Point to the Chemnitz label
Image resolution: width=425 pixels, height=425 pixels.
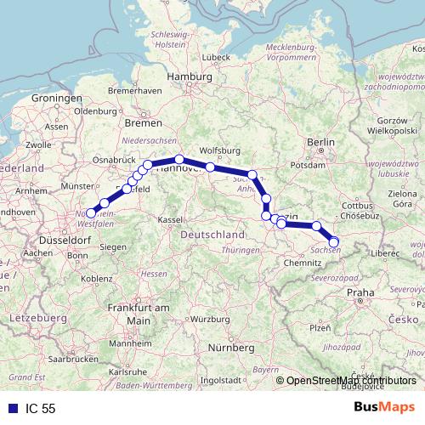[302, 263]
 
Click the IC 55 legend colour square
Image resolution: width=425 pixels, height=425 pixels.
[8, 408]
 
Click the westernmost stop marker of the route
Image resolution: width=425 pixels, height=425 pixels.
[91, 213]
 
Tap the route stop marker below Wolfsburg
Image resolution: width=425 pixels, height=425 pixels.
[210, 167]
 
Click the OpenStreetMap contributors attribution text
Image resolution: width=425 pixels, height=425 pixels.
[352, 381]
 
